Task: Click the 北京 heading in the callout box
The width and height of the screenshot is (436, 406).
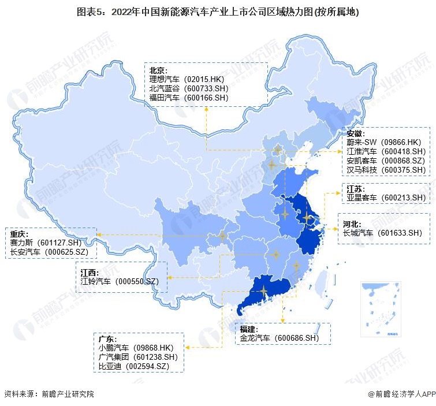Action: pos(159,70)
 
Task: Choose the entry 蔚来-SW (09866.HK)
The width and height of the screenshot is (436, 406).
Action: pos(384,142)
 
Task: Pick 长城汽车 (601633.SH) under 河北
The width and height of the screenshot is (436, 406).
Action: pos(383,233)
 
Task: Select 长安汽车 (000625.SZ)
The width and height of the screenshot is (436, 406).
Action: pos(50,252)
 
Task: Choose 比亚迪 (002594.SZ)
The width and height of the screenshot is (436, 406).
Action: pos(134,367)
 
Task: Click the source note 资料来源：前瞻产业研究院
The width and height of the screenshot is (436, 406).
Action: pos(49,394)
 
